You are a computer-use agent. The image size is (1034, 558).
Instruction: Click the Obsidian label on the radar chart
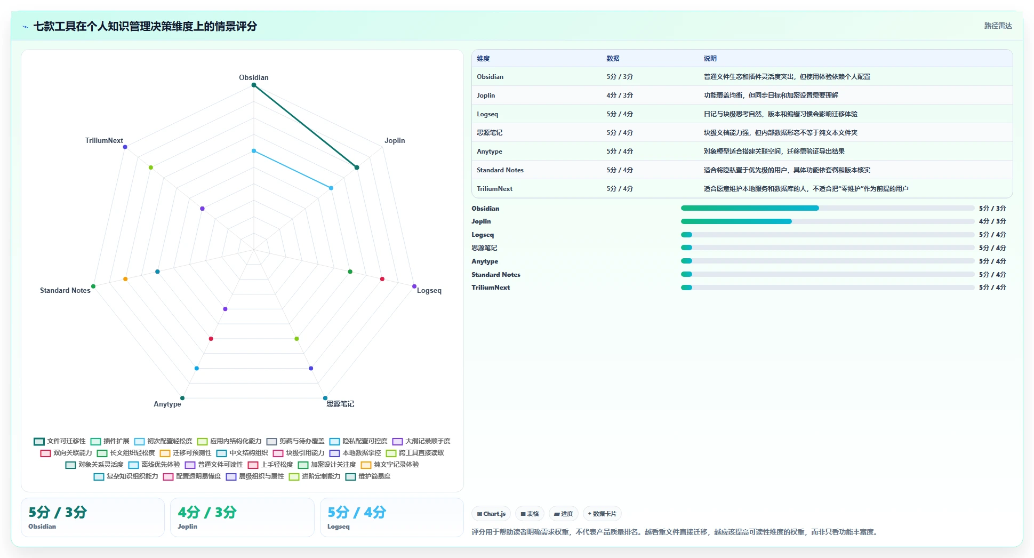(253, 77)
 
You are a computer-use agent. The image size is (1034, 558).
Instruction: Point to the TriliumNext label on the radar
(104, 140)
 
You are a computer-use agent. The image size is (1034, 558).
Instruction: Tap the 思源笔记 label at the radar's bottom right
(340, 404)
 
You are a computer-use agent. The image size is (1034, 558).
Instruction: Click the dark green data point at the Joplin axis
(357, 168)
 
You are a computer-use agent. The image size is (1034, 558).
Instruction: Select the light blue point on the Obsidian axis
(254, 151)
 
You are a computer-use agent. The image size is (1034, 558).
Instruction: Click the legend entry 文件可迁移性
(60, 441)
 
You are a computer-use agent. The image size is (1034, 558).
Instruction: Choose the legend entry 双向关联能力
(66, 453)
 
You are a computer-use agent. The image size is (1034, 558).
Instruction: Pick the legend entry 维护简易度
(368, 476)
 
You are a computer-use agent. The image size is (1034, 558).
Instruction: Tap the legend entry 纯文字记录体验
(390, 465)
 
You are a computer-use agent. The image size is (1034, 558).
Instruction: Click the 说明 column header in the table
(710, 59)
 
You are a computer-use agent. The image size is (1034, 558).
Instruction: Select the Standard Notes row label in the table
(500, 170)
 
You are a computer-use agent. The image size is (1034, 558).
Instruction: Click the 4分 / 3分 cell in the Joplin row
(619, 95)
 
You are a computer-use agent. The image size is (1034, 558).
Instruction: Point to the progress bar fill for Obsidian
(750, 208)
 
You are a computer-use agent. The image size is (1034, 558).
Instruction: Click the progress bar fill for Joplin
(736, 221)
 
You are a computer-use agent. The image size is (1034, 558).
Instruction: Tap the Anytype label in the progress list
(485, 261)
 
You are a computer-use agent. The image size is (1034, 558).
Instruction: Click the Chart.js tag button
(491, 514)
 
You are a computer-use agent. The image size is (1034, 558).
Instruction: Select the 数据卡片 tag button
(602, 514)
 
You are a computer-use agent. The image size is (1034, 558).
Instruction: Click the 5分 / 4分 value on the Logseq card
(357, 512)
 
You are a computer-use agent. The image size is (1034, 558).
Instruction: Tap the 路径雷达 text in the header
(998, 26)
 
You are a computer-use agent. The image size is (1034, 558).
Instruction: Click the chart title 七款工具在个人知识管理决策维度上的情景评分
(145, 26)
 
